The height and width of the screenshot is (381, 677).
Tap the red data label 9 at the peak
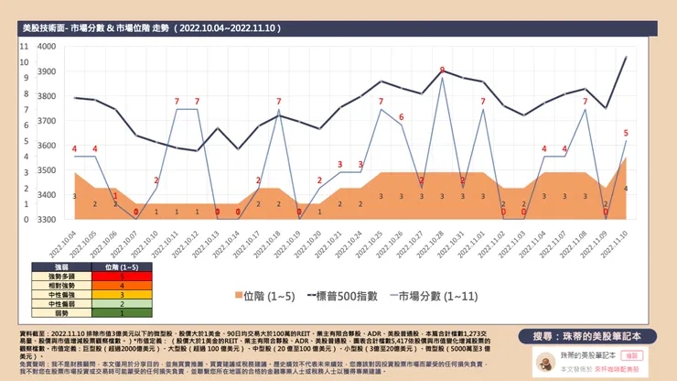pos(442,71)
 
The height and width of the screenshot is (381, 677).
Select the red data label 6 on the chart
pos(401,117)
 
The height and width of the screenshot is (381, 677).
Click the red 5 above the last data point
pos(626,133)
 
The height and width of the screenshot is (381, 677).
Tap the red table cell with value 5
pos(122,275)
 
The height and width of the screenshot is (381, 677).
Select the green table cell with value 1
pos(122,311)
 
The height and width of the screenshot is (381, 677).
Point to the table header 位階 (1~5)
pos(122,266)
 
